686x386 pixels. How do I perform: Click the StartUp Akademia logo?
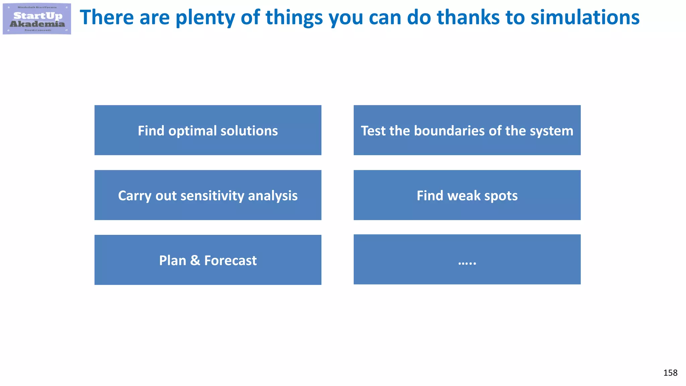click(x=37, y=19)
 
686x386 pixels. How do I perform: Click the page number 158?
click(x=670, y=373)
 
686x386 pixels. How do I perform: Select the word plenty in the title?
click(x=205, y=18)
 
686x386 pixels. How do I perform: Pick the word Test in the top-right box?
click(x=373, y=131)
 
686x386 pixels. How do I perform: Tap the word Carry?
click(x=135, y=196)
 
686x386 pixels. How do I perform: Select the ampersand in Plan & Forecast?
click(x=195, y=260)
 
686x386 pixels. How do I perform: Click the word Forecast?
click(x=230, y=260)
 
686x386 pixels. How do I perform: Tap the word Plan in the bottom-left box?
click(x=173, y=260)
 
